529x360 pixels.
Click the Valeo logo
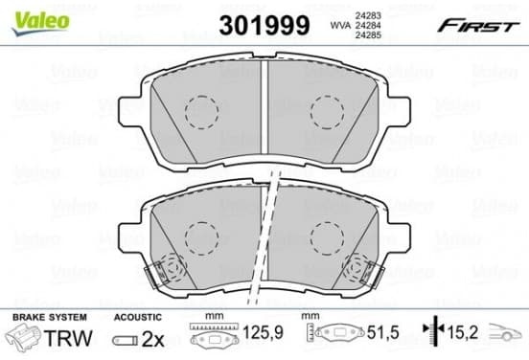pos(41,22)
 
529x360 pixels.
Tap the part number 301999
pos(264,25)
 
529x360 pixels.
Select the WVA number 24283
pos(368,15)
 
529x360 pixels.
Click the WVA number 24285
pos(368,34)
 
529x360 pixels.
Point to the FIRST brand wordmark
pos(478,26)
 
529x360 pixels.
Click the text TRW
pos(68,338)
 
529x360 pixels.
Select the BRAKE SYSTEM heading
pos(50,317)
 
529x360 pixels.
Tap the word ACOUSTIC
pos(138,317)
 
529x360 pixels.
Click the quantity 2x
pos(152,339)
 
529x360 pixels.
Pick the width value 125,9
pos(263,332)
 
